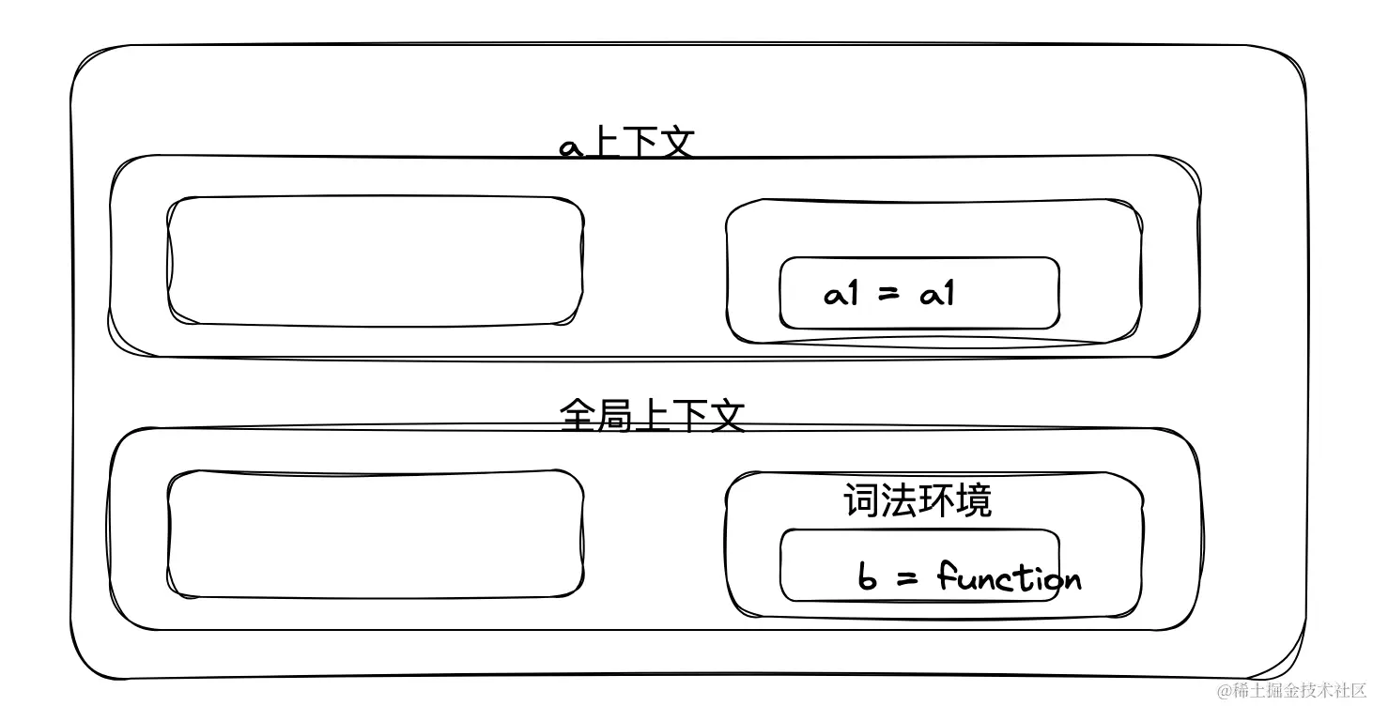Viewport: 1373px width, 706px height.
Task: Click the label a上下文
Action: coord(627,146)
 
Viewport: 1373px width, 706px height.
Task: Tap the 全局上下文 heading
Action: coord(652,415)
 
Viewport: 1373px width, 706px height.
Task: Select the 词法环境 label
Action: coord(917,500)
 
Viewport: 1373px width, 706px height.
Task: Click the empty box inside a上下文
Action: coord(376,262)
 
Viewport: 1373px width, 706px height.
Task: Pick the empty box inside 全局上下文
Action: coord(376,533)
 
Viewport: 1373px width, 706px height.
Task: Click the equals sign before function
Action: coord(907,577)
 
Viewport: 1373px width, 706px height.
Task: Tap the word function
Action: coord(1010,576)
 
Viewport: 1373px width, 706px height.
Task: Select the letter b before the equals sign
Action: coord(868,577)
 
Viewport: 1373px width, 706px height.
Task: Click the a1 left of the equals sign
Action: coord(841,295)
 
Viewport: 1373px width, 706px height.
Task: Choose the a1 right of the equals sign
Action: coord(937,295)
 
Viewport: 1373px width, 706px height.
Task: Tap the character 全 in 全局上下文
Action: coord(578,415)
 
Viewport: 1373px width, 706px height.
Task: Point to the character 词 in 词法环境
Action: coord(861,500)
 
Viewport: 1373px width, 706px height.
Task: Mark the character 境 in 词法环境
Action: coord(973,500)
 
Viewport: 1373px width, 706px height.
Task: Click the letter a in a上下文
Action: coord(571,147)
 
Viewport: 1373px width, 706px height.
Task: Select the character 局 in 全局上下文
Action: coord(615,415)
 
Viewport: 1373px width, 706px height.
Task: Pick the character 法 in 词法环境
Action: coord(899,500)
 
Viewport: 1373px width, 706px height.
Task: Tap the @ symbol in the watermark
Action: coord(1225,692)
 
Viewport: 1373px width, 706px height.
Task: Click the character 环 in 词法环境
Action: coord(935,500)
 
